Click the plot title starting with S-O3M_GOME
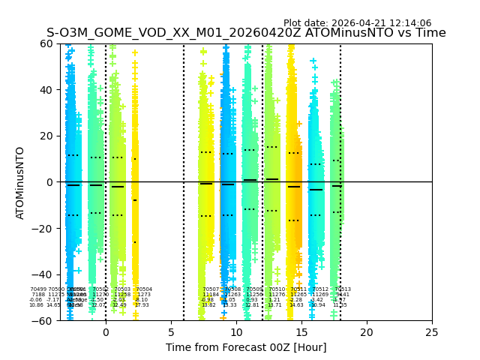tap(246, 33)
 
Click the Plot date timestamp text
tap(357, 23)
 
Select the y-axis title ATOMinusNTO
tap(20, 182)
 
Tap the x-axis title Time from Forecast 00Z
tap(246, 347)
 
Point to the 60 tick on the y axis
tap(46, 43)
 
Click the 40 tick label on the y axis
tap(46, 90)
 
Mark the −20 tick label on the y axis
tap(43, 228)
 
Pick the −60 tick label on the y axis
tap(43, 320)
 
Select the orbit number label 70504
tap(144, 289)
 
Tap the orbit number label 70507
tap(211, 289)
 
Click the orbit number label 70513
tap(343, 289)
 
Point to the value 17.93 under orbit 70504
tap(142, 305)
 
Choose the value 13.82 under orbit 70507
tap(208, 305)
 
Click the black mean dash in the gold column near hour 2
tap(135, 200)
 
